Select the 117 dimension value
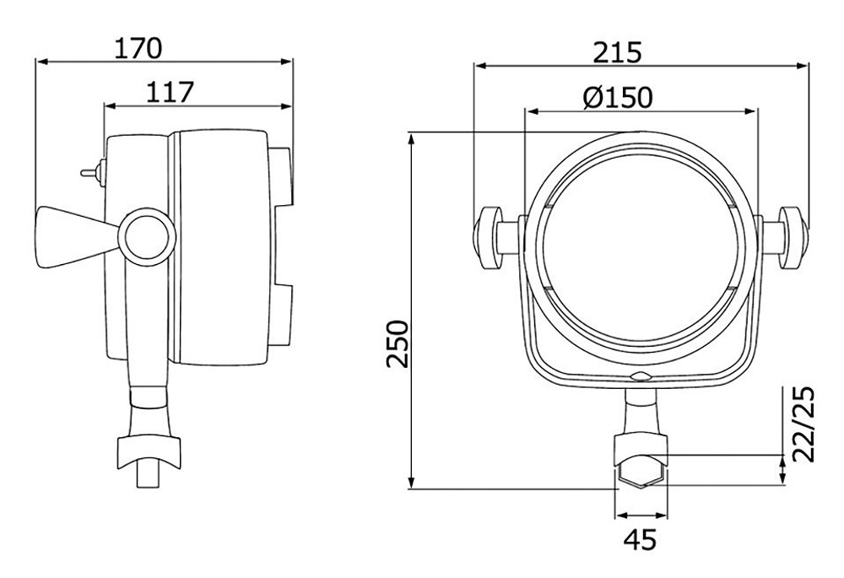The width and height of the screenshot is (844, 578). [x=170, y=91]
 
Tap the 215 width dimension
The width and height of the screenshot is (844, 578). [x=617, y=52]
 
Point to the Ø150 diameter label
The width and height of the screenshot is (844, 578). [x=617, y=98]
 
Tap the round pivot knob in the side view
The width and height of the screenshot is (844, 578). [x=145, y=235]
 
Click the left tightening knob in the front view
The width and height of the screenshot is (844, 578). [x=490, y=237]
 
